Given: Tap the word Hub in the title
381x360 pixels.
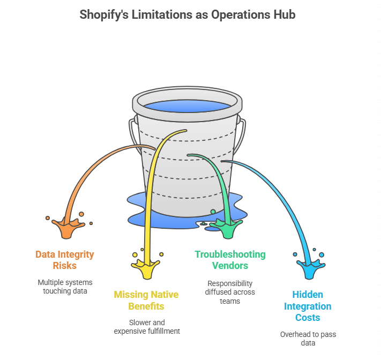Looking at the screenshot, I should tap(283, 14).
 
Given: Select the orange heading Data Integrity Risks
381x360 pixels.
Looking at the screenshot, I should tap(64, 260).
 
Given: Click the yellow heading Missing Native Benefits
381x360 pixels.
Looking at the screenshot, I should tap(146, 301).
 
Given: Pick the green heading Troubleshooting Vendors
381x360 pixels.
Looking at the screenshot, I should tap(230, 260).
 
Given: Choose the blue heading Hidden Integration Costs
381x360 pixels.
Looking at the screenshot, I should tap(308, 305).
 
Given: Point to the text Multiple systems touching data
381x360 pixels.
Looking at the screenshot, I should tap(64, 287).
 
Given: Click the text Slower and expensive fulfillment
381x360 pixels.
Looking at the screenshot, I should tap(146, 327).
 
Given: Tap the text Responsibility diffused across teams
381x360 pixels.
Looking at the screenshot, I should tap(230, 292).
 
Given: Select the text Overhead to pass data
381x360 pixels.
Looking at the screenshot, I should tap(308, 339).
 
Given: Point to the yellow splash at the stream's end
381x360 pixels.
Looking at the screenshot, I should tap(146, 265).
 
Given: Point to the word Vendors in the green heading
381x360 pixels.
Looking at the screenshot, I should tap(230, 265).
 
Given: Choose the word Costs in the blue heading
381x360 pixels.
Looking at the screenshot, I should tap(308, 318).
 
